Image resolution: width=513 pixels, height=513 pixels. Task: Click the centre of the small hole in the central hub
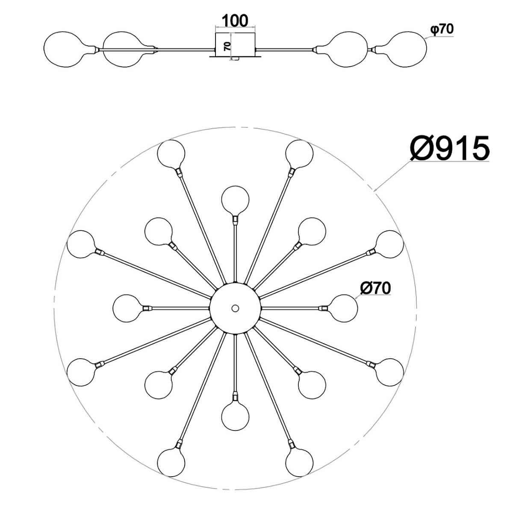(x=235, y=308)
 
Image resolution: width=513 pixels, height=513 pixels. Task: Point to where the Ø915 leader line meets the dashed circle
(x=374, y=191)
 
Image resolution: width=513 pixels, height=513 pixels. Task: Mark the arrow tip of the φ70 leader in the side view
(x=425, y=39)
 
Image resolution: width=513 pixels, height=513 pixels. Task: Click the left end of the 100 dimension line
(x=215, y=27)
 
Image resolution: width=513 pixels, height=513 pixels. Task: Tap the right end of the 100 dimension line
(x=255, y=27)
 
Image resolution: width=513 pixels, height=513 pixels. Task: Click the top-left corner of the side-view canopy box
(x=215, y=33)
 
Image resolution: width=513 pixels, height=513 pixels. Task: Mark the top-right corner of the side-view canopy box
(x=255, y=33)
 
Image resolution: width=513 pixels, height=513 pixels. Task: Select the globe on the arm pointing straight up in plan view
(x=235, y=200)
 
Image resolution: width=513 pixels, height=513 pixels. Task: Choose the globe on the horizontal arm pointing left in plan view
(x=127, y=308)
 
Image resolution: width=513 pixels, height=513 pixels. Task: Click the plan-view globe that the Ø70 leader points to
(x=343, y=308)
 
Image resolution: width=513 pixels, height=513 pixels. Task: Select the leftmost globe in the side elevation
(x=70, y=49)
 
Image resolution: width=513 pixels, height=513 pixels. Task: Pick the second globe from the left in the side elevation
(x=126, y=49)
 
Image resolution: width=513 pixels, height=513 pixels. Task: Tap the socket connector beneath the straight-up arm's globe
(x=235, y=219)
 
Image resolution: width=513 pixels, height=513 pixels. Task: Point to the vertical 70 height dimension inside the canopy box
(x=227, y=47)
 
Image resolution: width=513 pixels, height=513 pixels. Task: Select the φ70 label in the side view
(x=442, y=29)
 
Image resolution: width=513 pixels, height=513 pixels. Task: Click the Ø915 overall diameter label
(x=449, y=148)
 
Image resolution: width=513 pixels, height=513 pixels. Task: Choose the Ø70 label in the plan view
(x=375, y=288)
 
